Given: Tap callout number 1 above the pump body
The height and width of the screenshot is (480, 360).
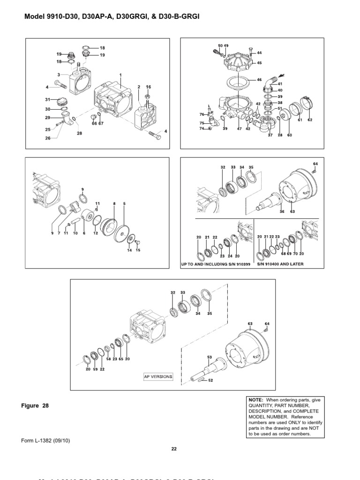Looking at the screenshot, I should click(120, 75).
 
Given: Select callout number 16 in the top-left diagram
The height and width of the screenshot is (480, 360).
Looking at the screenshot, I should click(149, 87).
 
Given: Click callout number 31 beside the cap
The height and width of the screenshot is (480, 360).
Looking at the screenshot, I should click(47, 99).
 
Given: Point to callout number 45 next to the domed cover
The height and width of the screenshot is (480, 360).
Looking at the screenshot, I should click(259, 62).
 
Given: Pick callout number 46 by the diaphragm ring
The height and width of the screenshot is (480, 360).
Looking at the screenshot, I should click(259, 81).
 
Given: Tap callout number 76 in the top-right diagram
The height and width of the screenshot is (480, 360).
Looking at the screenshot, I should click(202, 114).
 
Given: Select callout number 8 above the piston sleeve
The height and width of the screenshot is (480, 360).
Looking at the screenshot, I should click(114, 203).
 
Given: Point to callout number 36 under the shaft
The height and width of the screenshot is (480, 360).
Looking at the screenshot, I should click(282, 212).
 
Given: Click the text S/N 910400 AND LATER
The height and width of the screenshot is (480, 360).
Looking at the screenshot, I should click(281, 264).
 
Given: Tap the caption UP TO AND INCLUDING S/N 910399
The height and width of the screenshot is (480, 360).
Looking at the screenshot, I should click(216, 264).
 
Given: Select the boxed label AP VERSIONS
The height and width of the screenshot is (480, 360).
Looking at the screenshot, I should click(158, 376).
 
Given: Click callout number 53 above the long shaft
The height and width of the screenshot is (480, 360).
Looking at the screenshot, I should click(209, 357).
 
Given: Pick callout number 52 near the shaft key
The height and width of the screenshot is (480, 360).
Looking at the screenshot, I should click(210, 380).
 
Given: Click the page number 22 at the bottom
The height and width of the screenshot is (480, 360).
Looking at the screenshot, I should click(174, 449).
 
